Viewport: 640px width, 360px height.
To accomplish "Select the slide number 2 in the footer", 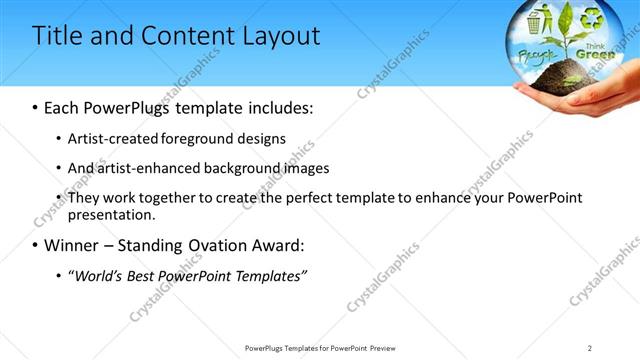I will click(x=590, y=348).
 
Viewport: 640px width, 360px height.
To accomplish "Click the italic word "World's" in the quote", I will click(x=98, y=275).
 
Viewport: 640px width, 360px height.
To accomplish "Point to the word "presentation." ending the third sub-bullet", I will click(x=111, y=214).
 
